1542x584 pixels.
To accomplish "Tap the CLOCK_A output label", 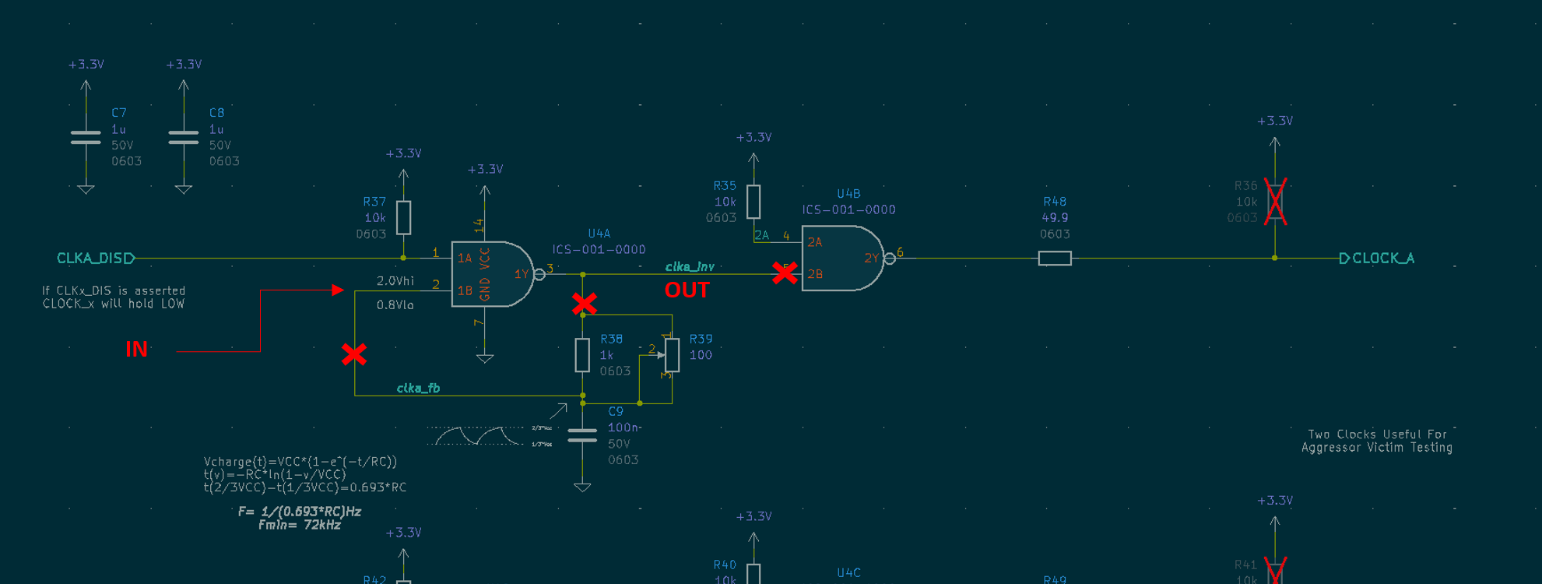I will tap(1382, 258).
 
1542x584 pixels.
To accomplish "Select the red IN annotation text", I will tap(136, 349).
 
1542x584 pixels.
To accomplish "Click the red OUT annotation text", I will tap(687, 290).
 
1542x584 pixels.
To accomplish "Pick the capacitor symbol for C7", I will tap(86, 138).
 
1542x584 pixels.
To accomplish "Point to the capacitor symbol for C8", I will tap(184, 138).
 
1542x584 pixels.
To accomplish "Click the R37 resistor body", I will tap(403, 217).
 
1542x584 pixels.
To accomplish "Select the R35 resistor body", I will tap(753, 202).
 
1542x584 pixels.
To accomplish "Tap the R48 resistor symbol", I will tap(1055, 258).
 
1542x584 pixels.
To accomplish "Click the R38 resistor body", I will tap(582, 355).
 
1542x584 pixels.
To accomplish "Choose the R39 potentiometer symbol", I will tap(672, 355).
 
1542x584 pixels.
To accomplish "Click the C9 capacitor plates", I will tap(582, 435).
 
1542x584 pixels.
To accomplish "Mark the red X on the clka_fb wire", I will tap(354, 354).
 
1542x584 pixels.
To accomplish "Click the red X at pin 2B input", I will tap(785, 273).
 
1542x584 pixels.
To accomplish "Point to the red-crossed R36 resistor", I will tap(1275, 202).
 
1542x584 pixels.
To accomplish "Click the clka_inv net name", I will tap(689, 266).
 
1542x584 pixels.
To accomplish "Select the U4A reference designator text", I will tap(599, 233).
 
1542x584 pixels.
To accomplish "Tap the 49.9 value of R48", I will tap(1055, 218).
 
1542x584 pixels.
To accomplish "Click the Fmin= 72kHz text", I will tap(300, 525).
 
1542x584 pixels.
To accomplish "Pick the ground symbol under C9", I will tap(582, 487).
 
